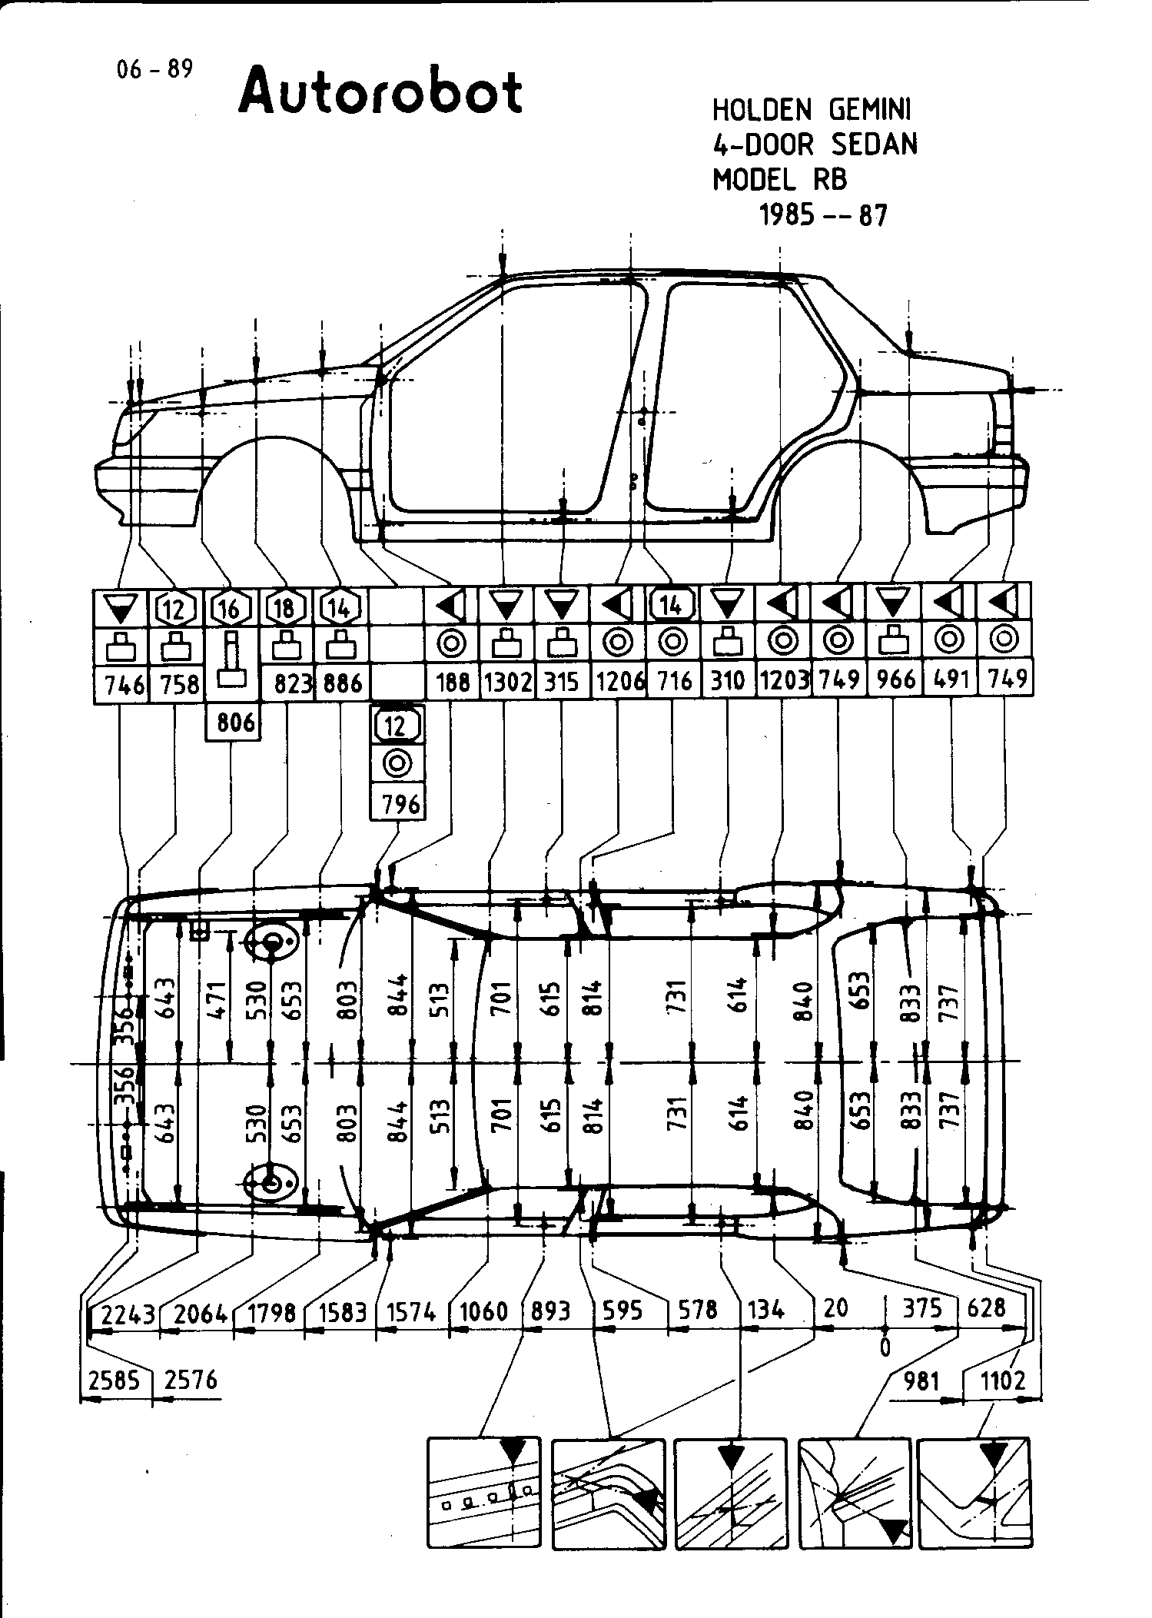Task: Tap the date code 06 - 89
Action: point(154,71)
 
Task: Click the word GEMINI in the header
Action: point(870,111)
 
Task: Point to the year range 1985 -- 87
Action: point(823,215)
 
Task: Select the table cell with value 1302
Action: point(506,682)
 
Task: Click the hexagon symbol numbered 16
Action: point(230,609)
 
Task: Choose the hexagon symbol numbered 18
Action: point(284,609)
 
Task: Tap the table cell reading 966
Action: point(896,680)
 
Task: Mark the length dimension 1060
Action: point(484,1311)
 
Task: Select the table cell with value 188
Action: point(452,682)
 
